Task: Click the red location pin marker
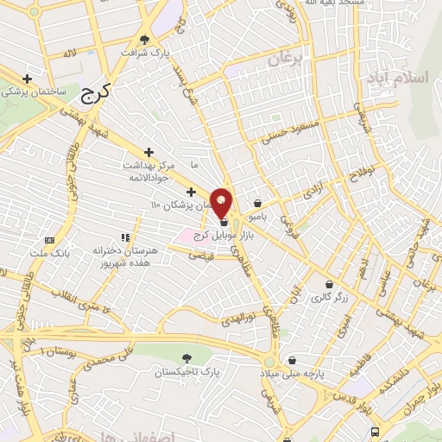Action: point(221,202)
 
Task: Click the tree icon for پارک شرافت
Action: point(144,40)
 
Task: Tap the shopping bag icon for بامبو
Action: point(257,204)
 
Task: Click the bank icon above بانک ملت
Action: point(49,240)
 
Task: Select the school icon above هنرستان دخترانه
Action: point(125,236)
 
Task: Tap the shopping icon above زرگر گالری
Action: point(329,284)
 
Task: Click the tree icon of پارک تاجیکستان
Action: point(186,357)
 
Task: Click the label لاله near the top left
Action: point(70,54)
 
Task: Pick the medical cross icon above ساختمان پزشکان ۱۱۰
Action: point(191,190)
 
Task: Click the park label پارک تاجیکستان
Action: point(175,372)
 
